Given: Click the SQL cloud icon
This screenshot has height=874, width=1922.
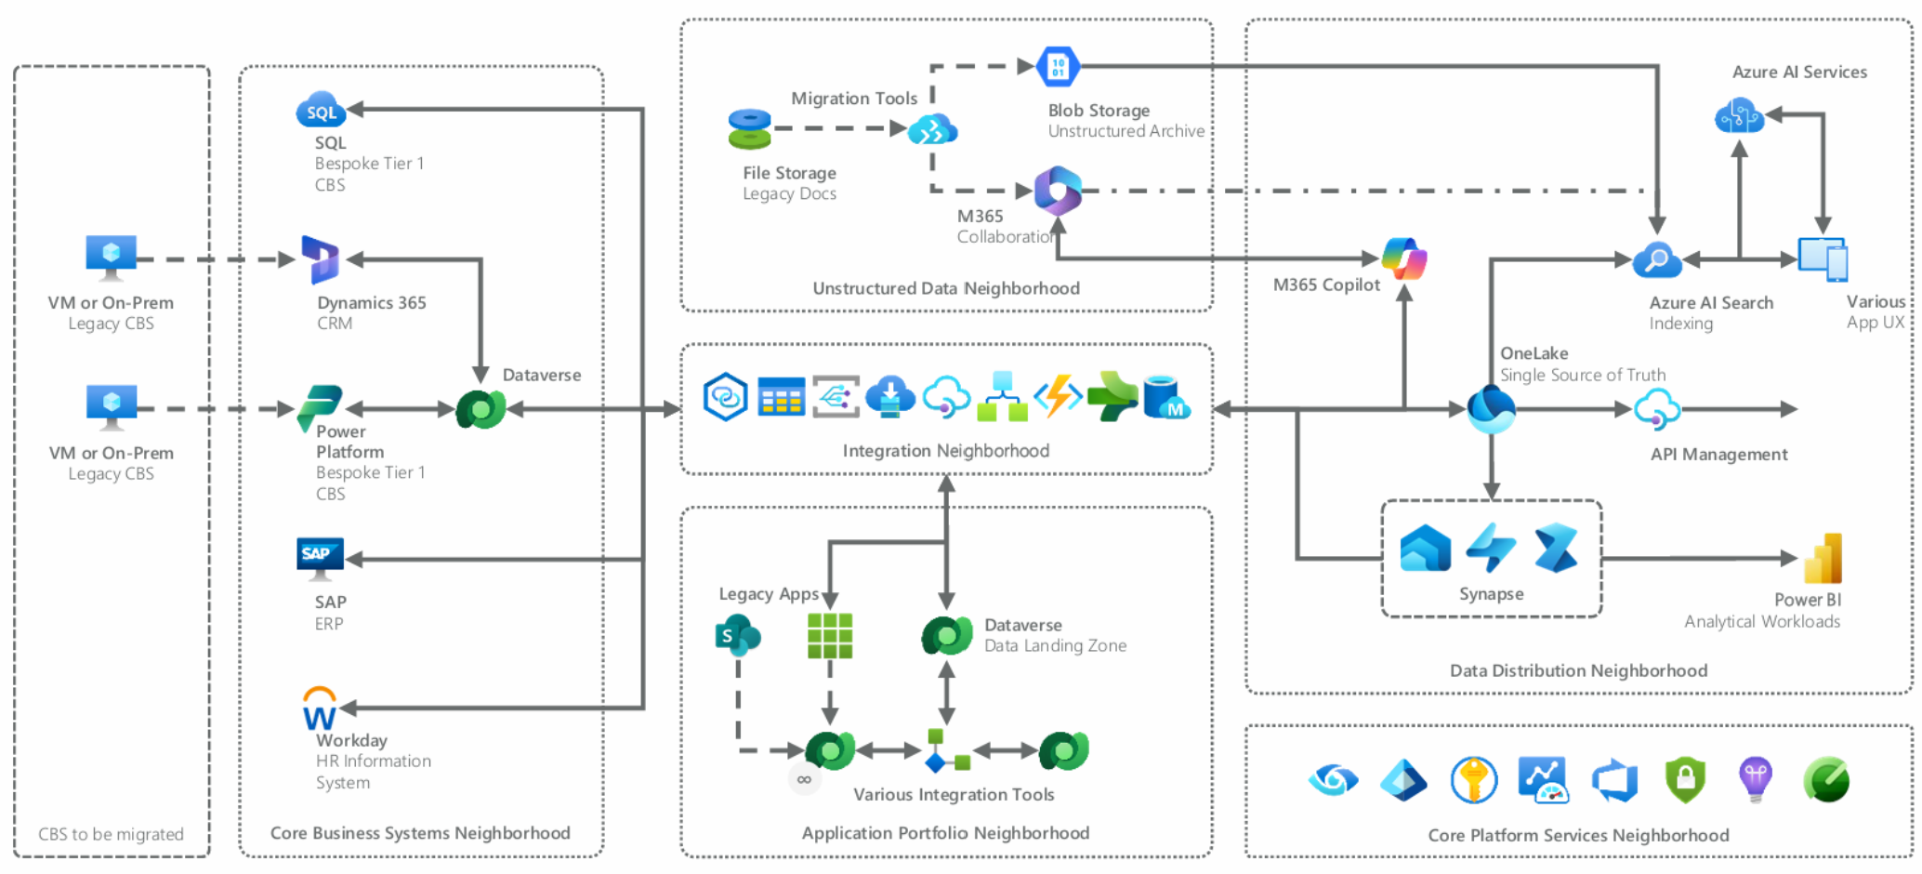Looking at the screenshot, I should [x=320, y=110].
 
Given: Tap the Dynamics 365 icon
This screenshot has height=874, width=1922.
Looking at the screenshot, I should [x=320, y=259].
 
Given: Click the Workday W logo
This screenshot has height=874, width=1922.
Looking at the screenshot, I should [x=320, y=710].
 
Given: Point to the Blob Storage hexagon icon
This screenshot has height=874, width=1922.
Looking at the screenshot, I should [x=1058, y=66].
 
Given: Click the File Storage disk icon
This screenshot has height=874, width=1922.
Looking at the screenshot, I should [x=750, y=129].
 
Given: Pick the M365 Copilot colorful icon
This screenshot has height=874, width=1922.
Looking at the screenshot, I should [x=1404, y=258].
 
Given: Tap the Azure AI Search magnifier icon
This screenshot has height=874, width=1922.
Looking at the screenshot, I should [x=1657, y=260].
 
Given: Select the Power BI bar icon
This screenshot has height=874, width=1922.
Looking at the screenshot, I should [x=1823, y=558].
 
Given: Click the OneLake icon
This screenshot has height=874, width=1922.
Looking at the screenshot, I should [x=1491, y=409].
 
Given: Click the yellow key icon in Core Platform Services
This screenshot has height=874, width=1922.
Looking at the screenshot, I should [x=1474, y=779].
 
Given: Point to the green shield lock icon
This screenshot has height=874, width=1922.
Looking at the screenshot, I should [x=1685, y=779].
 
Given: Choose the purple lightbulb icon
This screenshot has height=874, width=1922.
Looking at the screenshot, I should [x=1756, y=779].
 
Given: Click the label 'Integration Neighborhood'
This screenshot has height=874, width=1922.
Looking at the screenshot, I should [x=945, y=451].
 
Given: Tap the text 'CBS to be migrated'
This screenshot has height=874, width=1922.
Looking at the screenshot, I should [x=111, y=834].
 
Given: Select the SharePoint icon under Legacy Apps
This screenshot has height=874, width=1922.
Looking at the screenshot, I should [x=737, y=636].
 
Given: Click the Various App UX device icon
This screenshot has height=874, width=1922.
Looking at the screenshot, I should [x=1823, y=259].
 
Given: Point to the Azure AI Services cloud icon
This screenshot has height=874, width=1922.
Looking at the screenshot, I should [x=1739, y=117].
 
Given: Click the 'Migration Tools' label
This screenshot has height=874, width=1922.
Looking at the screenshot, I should [x=853, y=99].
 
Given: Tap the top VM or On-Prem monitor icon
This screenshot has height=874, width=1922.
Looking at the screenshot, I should [x=112, y=256].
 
